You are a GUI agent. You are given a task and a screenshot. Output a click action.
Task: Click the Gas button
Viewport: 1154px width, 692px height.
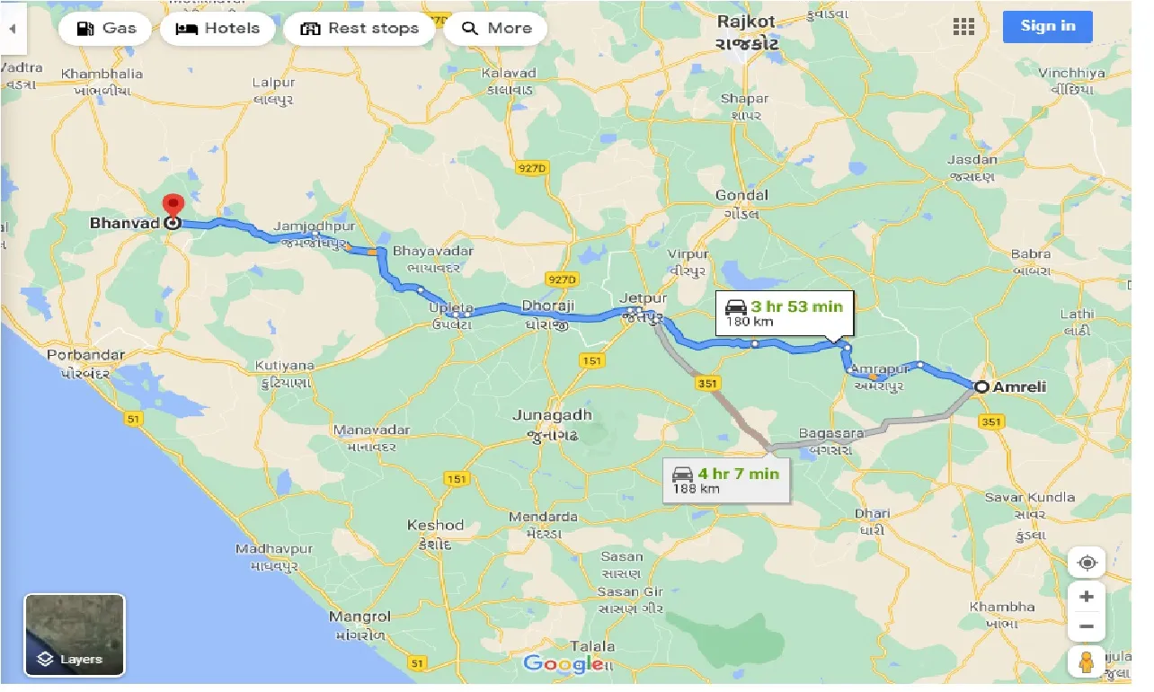(x=107, y=28)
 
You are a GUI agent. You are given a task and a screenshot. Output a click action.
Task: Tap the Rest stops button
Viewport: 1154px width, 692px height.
(x=360, y=28)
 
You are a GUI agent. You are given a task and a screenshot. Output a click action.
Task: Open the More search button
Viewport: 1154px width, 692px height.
(x=496, y=28)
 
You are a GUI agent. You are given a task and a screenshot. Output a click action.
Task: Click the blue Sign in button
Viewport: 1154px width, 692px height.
(x=1047, y=26)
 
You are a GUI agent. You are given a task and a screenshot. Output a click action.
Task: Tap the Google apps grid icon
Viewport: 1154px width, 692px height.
(x=963, y=27)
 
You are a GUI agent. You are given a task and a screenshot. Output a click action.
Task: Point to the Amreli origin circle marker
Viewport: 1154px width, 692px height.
(x=981, y=387)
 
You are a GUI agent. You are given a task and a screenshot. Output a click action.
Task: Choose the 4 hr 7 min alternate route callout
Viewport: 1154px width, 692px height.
(x=727, y=479)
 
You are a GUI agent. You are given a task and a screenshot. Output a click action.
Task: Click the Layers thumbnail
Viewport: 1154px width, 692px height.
(x=75, y=634)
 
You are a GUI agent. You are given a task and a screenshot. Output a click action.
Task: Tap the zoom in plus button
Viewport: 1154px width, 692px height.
(x=1087, y=597)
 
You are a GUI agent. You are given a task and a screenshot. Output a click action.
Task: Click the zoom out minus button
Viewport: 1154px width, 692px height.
(x=1087, y=626)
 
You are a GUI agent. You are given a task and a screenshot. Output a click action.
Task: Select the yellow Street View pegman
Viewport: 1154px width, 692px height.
(x=1087, y=662)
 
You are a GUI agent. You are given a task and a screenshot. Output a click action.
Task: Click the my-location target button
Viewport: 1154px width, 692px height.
(x=1087, y=563)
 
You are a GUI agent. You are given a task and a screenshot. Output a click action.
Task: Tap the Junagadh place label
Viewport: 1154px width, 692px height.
(x=552, y=415)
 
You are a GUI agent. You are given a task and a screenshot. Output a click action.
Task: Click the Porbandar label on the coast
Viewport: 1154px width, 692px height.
(x=79, y=356)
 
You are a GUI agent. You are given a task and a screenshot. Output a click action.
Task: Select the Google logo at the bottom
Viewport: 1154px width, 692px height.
(x=563, y=664)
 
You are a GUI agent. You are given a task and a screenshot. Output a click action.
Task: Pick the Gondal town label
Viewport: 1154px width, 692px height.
(x=741, y=196)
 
